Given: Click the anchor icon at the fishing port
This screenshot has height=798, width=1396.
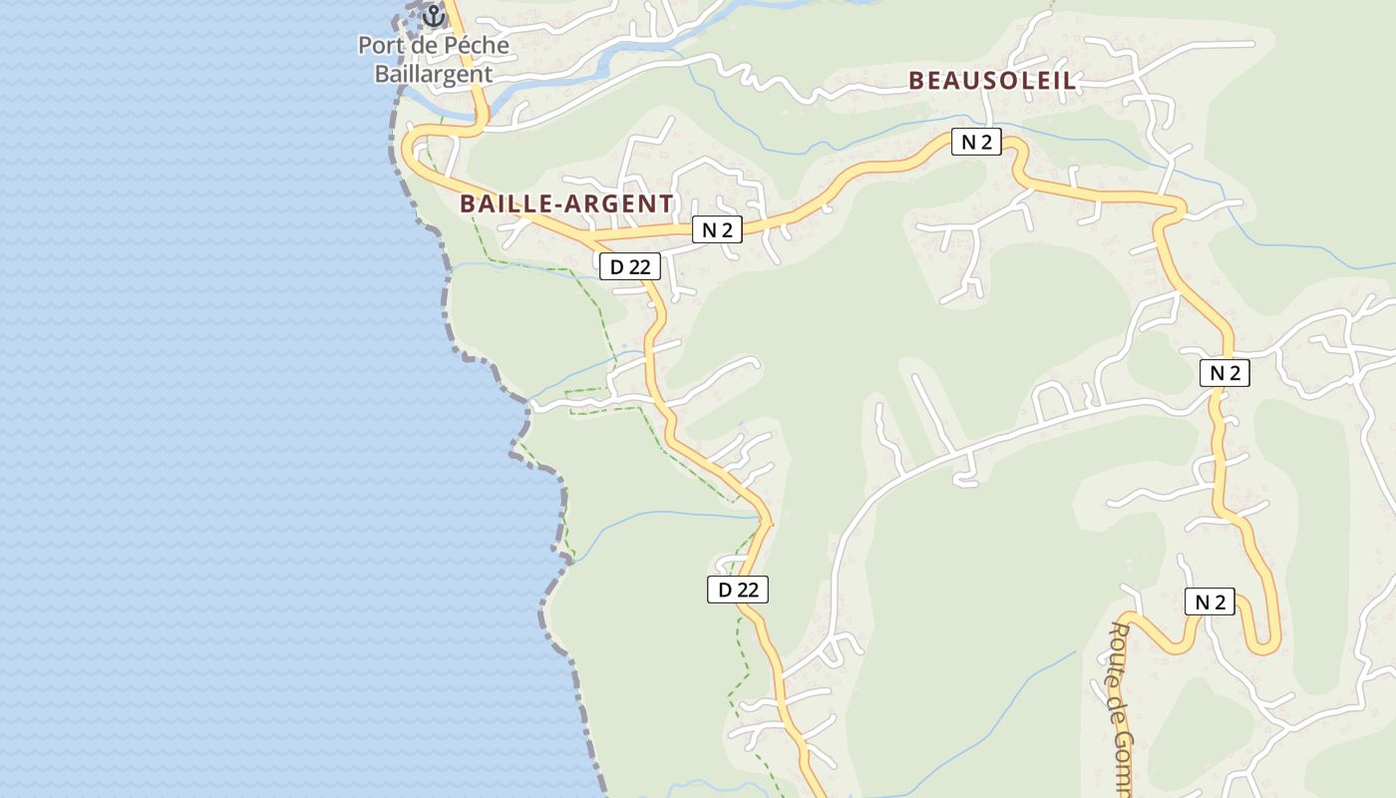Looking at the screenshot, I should [x=433, y=16].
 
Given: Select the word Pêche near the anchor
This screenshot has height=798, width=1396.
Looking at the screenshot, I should [x=477, y=46].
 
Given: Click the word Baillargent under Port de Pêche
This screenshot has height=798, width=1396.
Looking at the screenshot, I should [x=434, y=74].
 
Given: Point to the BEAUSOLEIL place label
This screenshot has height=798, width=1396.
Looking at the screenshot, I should [x=992, y=82].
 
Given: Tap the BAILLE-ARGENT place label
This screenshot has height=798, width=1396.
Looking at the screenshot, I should [x=566, y=203].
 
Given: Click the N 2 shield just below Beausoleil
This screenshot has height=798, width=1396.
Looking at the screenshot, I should [x=975, y=142].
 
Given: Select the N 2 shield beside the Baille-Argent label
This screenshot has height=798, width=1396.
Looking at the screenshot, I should [x=717, y=230].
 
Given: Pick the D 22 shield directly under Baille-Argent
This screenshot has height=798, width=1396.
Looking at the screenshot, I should [x=630, y=266].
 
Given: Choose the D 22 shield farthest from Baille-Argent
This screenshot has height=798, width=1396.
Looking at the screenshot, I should [x=738, y=590].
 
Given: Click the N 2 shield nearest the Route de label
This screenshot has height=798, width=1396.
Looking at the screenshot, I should [x=1210, y=601].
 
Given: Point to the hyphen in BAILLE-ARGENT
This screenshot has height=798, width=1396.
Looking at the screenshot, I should [x=556, y=204].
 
